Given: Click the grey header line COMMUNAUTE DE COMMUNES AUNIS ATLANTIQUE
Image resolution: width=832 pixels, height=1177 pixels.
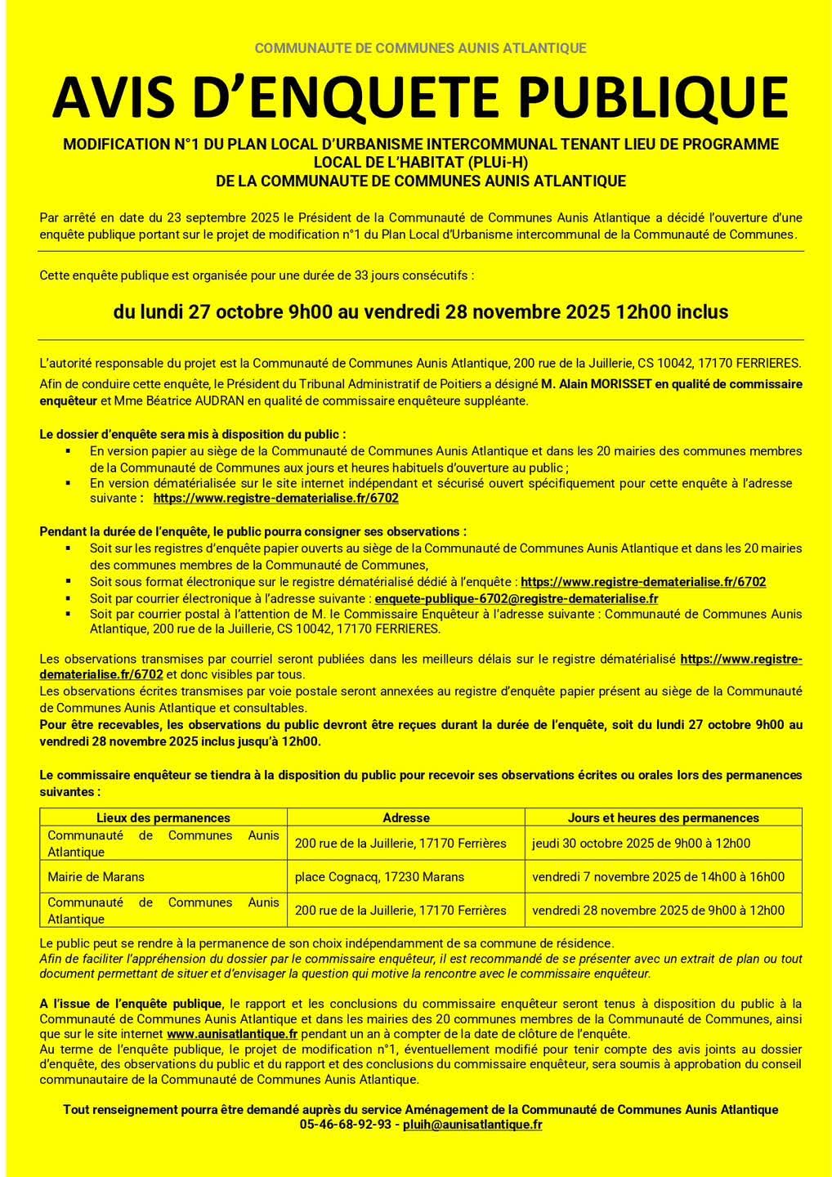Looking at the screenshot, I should tap(420, 48).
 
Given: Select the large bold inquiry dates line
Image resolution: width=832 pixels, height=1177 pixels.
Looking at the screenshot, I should tap(421, 312).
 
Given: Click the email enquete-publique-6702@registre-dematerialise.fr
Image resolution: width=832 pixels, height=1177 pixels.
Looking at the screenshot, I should tap(517, 598).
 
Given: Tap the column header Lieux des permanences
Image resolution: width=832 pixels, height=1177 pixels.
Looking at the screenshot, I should tap(163, 817).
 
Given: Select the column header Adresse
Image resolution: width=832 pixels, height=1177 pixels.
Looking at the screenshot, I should tap(406, 817).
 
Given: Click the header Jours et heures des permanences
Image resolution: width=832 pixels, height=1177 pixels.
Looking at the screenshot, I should tap(663, 817).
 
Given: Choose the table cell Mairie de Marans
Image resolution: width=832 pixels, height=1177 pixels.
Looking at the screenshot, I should tap(96, 877).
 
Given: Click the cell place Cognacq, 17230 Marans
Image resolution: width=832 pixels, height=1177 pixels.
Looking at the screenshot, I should tap(379, 877).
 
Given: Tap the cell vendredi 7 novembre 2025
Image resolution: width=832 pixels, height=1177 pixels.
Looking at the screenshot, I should tap(658, 877).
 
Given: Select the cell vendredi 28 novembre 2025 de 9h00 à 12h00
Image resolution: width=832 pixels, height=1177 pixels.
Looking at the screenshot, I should tap(658, 911).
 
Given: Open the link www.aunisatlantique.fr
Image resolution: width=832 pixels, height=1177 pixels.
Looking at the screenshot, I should tap(232, 1034).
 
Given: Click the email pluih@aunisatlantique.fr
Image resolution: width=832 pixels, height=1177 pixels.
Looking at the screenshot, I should tap(472, 1125).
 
